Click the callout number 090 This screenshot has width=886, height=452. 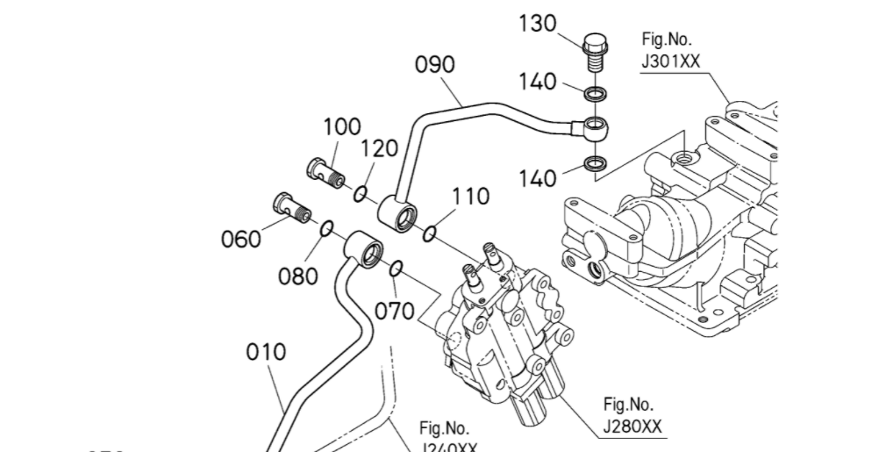click(435, 64)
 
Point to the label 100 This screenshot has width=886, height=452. click(342, 127)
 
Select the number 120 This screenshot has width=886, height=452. click(379, 148)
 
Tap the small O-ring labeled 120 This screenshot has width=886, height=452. click(361, 192)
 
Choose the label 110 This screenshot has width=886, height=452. click(470, 197)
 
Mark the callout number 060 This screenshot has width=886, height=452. click(240, 239)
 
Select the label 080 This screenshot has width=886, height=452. click(298, 276)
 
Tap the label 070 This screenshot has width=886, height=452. click(394, 311)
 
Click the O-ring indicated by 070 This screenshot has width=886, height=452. click(396, 267)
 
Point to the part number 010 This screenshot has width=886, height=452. click(266, 353)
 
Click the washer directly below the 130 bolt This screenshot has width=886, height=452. click(596, 92)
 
